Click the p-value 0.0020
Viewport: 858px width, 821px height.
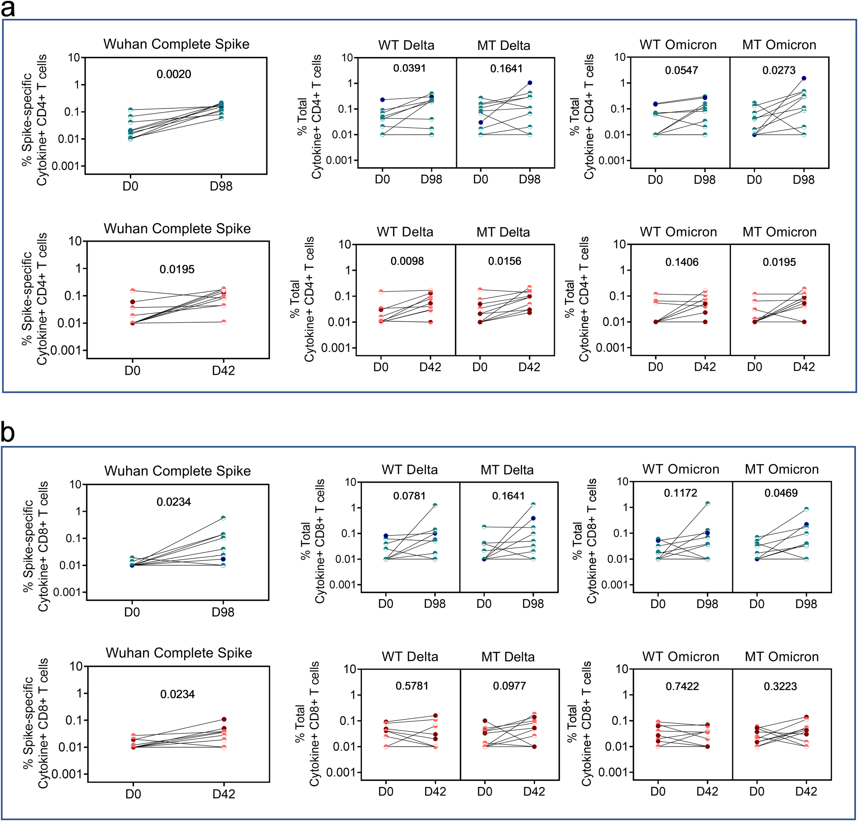[174, 74]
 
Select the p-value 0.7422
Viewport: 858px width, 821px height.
[682, 686]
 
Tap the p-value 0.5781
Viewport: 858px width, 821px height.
[412, 686]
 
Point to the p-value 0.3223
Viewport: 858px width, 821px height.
[780, 686]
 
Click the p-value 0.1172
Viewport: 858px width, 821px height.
[680, 493]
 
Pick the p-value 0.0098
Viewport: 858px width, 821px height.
[407, 261]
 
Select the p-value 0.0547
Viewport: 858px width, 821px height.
[681, 70]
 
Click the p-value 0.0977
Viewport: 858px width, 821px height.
[509, 686]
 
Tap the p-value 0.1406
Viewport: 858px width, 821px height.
[681, 262]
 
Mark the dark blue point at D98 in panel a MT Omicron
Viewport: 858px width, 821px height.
[804, 78]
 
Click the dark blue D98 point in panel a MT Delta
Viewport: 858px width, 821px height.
[530, 83]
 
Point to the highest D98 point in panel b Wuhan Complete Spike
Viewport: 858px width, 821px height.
[223, 518]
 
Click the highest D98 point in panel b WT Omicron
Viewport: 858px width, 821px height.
[707, 503]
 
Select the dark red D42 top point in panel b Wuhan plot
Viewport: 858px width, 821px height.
[224, 719]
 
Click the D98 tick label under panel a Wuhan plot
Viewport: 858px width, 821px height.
[221, 186]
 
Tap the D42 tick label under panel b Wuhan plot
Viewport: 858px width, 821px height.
[224, 794]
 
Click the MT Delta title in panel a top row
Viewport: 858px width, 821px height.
[503, 45]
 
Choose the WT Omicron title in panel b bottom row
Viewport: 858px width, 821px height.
[681, 657]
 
